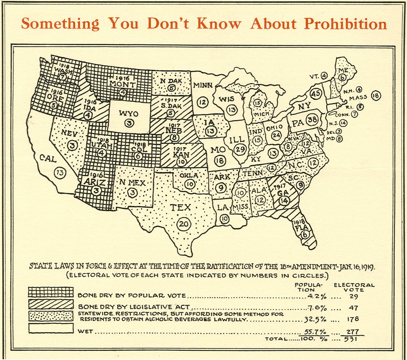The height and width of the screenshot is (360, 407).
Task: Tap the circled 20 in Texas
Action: click(183, 224)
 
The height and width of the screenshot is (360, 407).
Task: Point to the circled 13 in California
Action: click(60, 173)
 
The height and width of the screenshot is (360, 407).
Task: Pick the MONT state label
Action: click(122, 84)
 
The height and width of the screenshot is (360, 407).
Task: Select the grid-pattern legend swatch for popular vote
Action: click(51, 292)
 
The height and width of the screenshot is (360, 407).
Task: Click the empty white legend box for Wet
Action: click(51, 328)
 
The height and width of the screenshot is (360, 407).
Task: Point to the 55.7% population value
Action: click(314, 332)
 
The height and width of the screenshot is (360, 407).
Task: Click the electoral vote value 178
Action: click(354, 319)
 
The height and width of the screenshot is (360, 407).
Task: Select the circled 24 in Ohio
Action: click(276, 135)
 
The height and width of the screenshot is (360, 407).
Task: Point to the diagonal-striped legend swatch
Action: click(51, 304)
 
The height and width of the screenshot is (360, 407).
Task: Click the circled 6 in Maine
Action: click(342, 78)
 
